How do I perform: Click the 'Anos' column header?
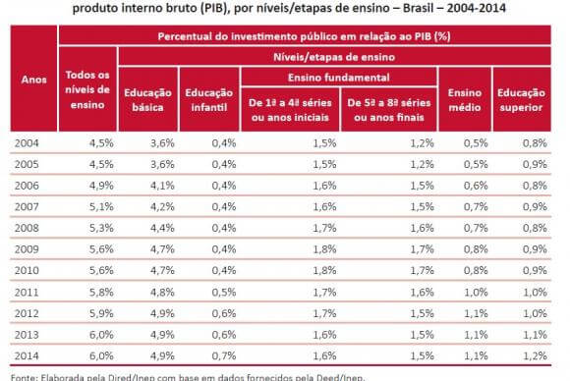pos(33,80)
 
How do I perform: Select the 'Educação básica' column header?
pos(147,100)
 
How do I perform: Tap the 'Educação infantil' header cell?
pos(209,100)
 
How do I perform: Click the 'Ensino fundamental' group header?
pos(338,78)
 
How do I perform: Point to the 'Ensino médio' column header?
pos(465,100)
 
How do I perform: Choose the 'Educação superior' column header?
pos(521,100)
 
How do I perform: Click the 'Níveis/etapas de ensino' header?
pos(334,57)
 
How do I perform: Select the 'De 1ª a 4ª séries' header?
pos(290,103)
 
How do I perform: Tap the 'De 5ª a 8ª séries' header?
pos(389,103)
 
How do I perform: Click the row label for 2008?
pos(27,228)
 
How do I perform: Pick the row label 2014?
pos(27,355)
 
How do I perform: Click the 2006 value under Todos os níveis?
pos(101,186)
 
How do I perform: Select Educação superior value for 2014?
pos(535,355)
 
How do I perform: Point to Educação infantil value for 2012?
pos(224,313)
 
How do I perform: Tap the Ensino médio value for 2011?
pos(476,292)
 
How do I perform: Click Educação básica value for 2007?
pos(162,206)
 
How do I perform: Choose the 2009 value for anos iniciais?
pos(324,249)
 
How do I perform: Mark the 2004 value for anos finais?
pos(422,143)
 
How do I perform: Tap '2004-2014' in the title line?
pos(477,8)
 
